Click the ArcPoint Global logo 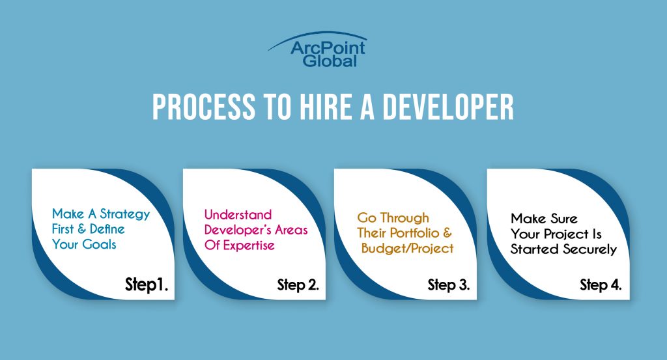click(x=317, y=49)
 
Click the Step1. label click(x=147, y=284)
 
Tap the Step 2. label click(x=298, y=284)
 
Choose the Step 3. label click(x=449, y=284)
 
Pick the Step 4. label click(x=601, y=284)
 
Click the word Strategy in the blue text click(x=125, y=215)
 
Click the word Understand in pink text click(x=238, y=214)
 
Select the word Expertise click(x=249, y=245)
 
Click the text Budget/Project click(x=408, y=249)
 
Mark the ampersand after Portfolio click(x=447, y=233)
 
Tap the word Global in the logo click(x=330, y=61)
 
